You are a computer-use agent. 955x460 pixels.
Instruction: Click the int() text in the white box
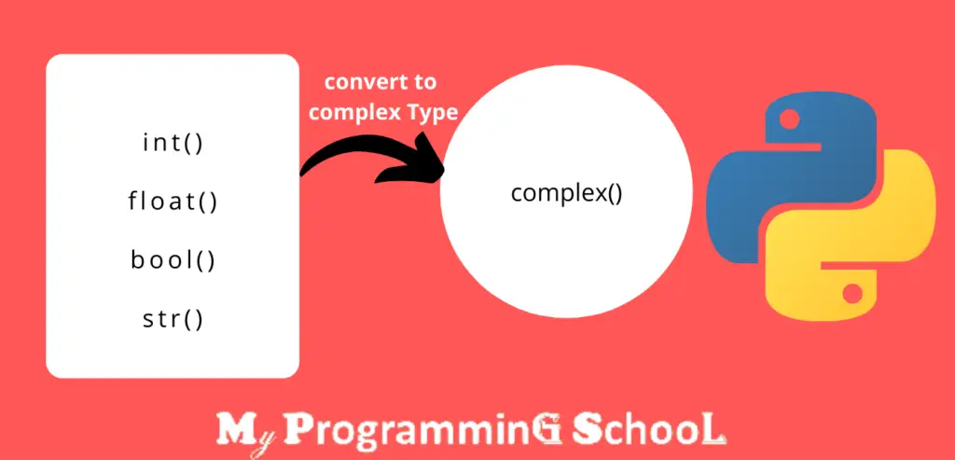173,144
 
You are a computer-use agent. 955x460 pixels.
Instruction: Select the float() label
173,201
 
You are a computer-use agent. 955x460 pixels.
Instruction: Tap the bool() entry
173,259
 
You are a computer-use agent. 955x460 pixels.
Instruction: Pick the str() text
173,319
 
